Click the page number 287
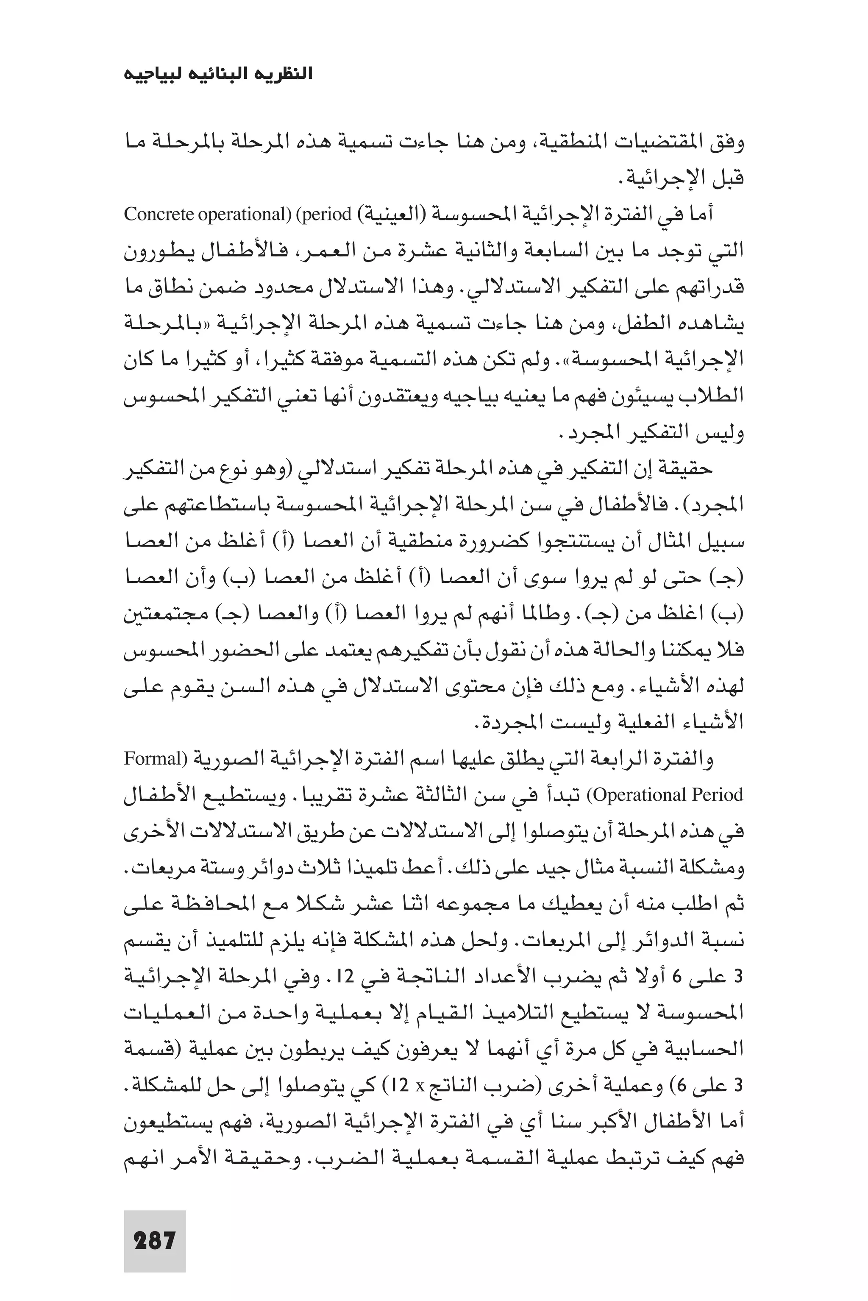(154, 1240)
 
